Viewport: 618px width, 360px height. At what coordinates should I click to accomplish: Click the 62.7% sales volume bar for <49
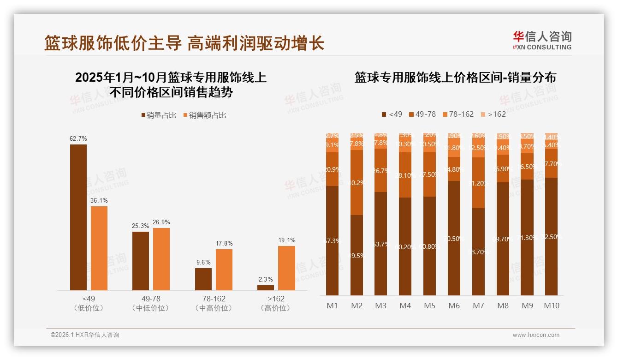click(x=78, y=217)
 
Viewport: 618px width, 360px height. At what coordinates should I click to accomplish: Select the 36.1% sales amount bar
click(x=99, y=248)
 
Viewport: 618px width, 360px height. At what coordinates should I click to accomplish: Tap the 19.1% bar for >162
click(x=286, y=268)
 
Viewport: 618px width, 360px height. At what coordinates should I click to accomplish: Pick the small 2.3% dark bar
click(x=266, y=288)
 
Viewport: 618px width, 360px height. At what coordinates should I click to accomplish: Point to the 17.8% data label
click(x=224, y=243)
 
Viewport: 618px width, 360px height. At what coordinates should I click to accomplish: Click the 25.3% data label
click(x=140, y=226)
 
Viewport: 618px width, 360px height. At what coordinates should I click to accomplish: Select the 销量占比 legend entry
click(x=159, y=115)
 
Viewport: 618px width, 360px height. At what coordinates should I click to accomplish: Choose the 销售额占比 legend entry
click(x=205, y=115)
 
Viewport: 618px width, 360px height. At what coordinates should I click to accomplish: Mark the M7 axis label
click(x=478, y=306)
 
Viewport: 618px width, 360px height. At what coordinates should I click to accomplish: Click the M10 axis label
click(x=551, y=306)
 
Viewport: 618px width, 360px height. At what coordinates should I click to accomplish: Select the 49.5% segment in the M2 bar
click(x=357, y=255)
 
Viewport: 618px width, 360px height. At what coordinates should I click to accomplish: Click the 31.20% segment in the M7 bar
click(x=478, y=183)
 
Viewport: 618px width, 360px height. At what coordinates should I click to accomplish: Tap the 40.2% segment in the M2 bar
click(x=357, y=182)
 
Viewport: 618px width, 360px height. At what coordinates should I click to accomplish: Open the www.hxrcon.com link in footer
click(x=536, y=335)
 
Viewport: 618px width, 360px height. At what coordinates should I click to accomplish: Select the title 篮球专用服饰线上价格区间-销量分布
click(x=455, y=77)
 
